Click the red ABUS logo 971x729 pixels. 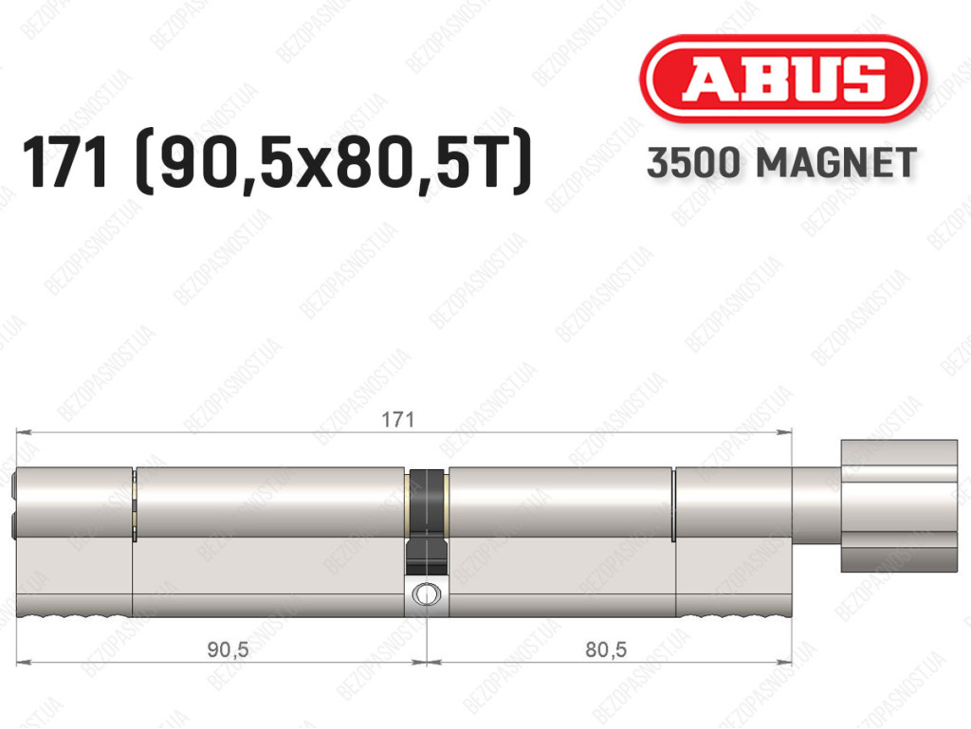pyautogui.click(x=782, y=79)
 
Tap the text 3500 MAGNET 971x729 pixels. pyautogui.click(x=781, y=163)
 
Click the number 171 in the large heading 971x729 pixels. pyautogui.click(x=64, y=163)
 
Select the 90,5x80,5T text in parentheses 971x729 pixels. pyautogui.click(x=333, y=163)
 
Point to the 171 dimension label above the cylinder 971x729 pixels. pyautogui.click(x=397, y=420)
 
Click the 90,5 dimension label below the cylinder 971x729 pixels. pyautogui.click(x=228, y=649)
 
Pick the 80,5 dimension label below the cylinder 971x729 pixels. pyautogui.click(x=606, y=649)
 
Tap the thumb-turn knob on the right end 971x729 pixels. pyautogui.click(x=899, y=505)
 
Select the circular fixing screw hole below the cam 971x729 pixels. pyautogui.click(x=427, y=594)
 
